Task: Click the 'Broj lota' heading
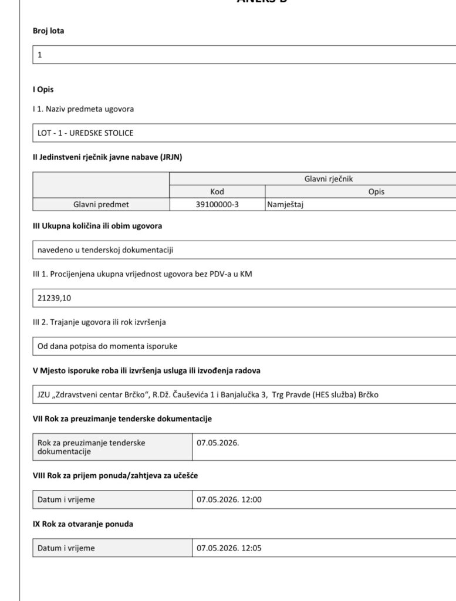click(48, 31)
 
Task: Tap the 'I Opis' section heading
click(43, 90)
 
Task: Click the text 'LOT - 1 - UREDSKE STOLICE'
click(86, 133)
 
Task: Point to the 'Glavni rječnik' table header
click(328, 179)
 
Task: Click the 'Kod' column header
click(217, 192)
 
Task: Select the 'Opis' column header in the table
click(376, 192)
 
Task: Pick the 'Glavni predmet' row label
click(101, 205)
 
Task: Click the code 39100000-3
click(217, 205)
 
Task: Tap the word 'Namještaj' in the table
click(285, 205)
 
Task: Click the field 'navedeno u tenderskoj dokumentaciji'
click(105, 250)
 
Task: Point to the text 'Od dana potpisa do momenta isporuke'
click(107, 346)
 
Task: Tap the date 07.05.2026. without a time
click(218, 443)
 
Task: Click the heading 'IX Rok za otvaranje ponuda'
click(83, 524)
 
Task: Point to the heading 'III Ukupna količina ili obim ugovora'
click(97, 226)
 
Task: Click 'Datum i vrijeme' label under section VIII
click(66, 500)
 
